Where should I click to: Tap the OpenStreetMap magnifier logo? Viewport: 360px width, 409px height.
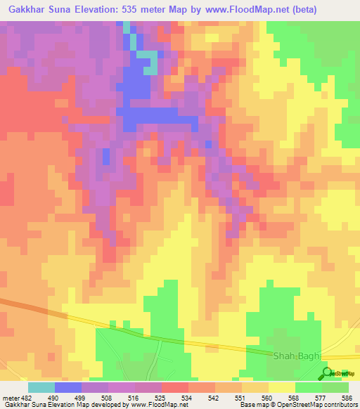(x=328, y=372)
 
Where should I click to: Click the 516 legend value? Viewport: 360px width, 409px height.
(x=135, y=397)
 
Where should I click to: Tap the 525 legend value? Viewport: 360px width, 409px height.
(x=162, y=397)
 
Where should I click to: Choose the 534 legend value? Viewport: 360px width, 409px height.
(x=188, y=397)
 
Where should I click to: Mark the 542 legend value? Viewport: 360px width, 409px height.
(x=215, y=397)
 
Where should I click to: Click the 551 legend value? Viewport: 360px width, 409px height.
(x=242, y=397)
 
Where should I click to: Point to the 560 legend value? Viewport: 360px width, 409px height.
(x=269, y=397)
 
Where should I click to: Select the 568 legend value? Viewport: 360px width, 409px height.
(x=295, y=397)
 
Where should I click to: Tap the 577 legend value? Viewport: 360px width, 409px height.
(x=322, y=397)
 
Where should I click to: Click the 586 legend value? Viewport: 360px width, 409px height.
(x=348, y=397)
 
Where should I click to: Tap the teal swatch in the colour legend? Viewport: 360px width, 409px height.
(x=41, y=387)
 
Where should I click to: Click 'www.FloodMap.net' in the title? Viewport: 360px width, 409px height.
(x=245, y=10)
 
